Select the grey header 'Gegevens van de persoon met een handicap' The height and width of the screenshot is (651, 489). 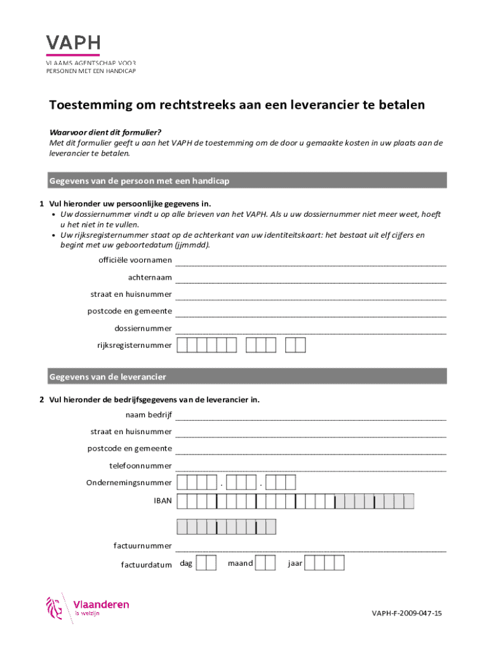(x=248, y=182)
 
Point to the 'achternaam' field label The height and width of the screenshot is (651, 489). (x=150, y=278)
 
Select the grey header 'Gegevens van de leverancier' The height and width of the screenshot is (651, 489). (x=248, y=377)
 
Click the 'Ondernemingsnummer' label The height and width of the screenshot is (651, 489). (x=129, y=483)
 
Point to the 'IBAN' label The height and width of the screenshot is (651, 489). (x=163, y=501)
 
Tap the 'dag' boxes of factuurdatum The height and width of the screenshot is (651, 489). (x=206, y=563)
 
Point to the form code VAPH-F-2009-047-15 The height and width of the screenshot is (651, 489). (x=406, y=613)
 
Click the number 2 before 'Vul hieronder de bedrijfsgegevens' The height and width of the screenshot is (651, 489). (x=41, y=400)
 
